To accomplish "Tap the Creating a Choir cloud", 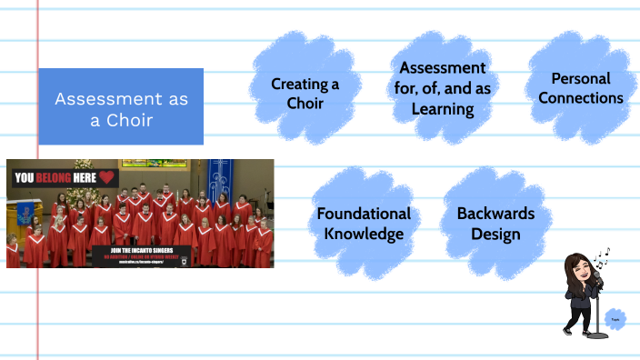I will (305, 93).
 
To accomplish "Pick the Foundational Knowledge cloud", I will (363, 224).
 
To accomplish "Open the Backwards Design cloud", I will (488, 224).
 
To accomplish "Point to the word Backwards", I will (489, 214).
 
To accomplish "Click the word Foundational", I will (363, 214).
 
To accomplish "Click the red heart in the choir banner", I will (107, 177).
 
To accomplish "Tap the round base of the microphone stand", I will (596, 335).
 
